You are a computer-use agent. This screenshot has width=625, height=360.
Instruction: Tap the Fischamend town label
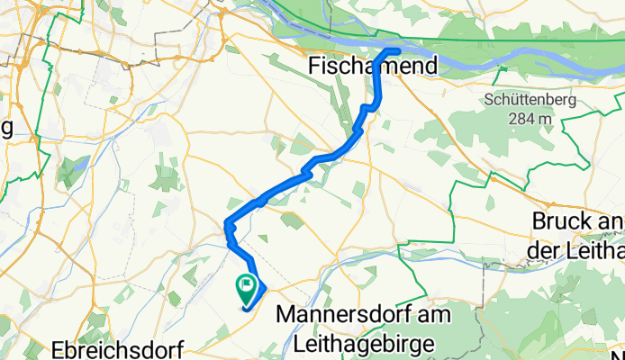371,66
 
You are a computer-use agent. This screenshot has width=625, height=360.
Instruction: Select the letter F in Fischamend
313,66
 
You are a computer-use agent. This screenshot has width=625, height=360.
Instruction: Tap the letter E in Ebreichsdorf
59,349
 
